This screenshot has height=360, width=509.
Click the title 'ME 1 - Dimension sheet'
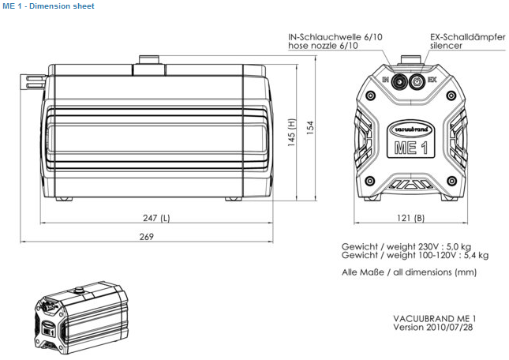pyautogui.click(x=48, y=6)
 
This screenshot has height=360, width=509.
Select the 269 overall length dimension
pyautogui.click(x=146, y=236)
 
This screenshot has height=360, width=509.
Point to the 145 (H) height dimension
pyautogui.click(x=291, y=134)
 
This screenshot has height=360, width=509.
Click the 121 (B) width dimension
pyautogui.click(x=409, y=218)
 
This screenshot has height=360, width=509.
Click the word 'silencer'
pyautogui.click(x=446, y=46)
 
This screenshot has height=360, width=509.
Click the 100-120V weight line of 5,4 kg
pyautogui.click(x=414, y=255)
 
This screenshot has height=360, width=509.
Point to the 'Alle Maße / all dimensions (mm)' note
pyautogui.click(x=409, y=272)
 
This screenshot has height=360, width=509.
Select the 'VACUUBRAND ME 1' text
pyautogui.click(x=434, y=317)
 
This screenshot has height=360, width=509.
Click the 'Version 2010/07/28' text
pyautogui.click(x=434, y=326)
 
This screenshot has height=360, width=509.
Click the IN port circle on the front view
pyautogui.click(x=399, y=80)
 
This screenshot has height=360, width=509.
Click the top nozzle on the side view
pyautogui.click(x=148, y=61)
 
